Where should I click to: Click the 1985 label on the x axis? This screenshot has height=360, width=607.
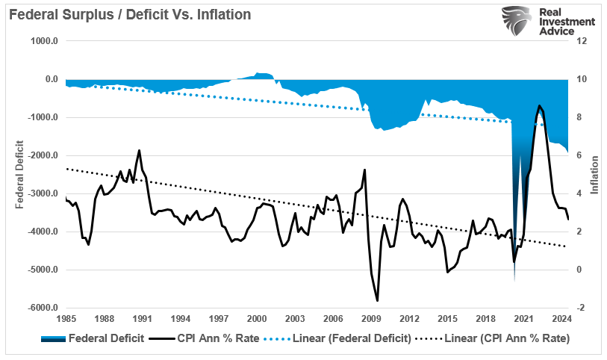(x=66, y=319)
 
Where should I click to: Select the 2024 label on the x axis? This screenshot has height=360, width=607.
(x=562, y=319)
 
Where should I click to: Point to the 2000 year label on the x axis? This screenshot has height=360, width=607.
(x=257, y=319)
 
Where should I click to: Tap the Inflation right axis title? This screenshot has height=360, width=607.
(x=595, y=175)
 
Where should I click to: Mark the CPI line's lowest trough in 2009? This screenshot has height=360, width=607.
(x=377, y=300)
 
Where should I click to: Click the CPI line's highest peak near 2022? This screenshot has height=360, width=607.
(x=539, y=106)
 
